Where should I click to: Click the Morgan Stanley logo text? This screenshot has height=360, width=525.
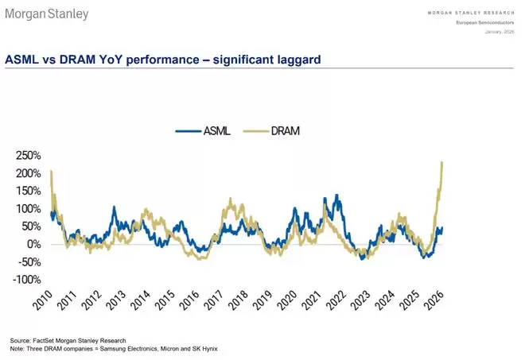point(48,14)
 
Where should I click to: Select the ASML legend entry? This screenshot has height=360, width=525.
point(203,130)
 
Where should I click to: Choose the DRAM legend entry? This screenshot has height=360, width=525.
point(278,130)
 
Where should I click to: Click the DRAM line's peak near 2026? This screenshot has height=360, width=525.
point(441,163)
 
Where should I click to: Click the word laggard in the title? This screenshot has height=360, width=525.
point(295,60)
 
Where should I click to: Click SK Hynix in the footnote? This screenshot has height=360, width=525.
point(201,348)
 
